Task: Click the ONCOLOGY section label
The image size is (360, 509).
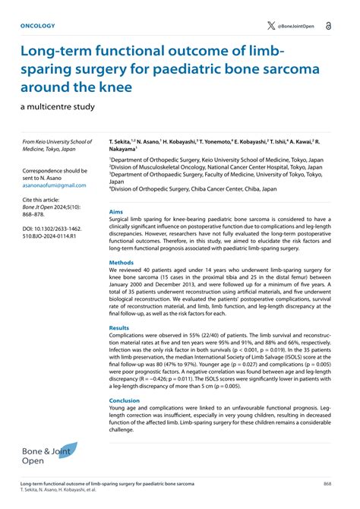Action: (38, 25)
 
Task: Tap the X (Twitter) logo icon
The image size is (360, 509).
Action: (271, 25)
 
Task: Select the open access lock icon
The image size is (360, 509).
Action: (328, 25)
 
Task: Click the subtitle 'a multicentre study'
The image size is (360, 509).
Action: (57, 106)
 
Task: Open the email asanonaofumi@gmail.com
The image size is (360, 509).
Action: (56, 185)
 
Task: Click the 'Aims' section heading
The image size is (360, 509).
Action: (116, 211)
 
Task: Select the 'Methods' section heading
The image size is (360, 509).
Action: (122, 263)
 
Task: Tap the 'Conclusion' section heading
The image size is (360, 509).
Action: (125, 400)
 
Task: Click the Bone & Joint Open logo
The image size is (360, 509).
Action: (49, 455)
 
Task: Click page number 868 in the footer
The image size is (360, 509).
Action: (327, 483)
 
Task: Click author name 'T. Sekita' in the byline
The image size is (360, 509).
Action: (122, 142)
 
